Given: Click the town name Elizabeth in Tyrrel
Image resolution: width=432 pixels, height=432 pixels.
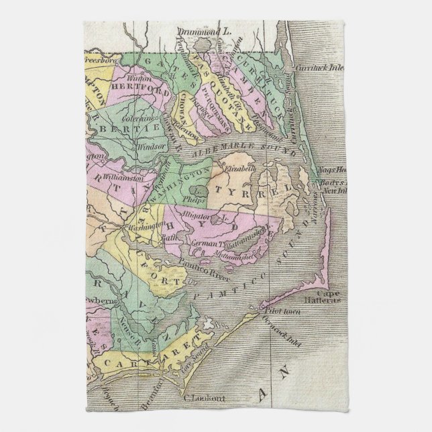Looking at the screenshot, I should (x=241, y=169).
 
